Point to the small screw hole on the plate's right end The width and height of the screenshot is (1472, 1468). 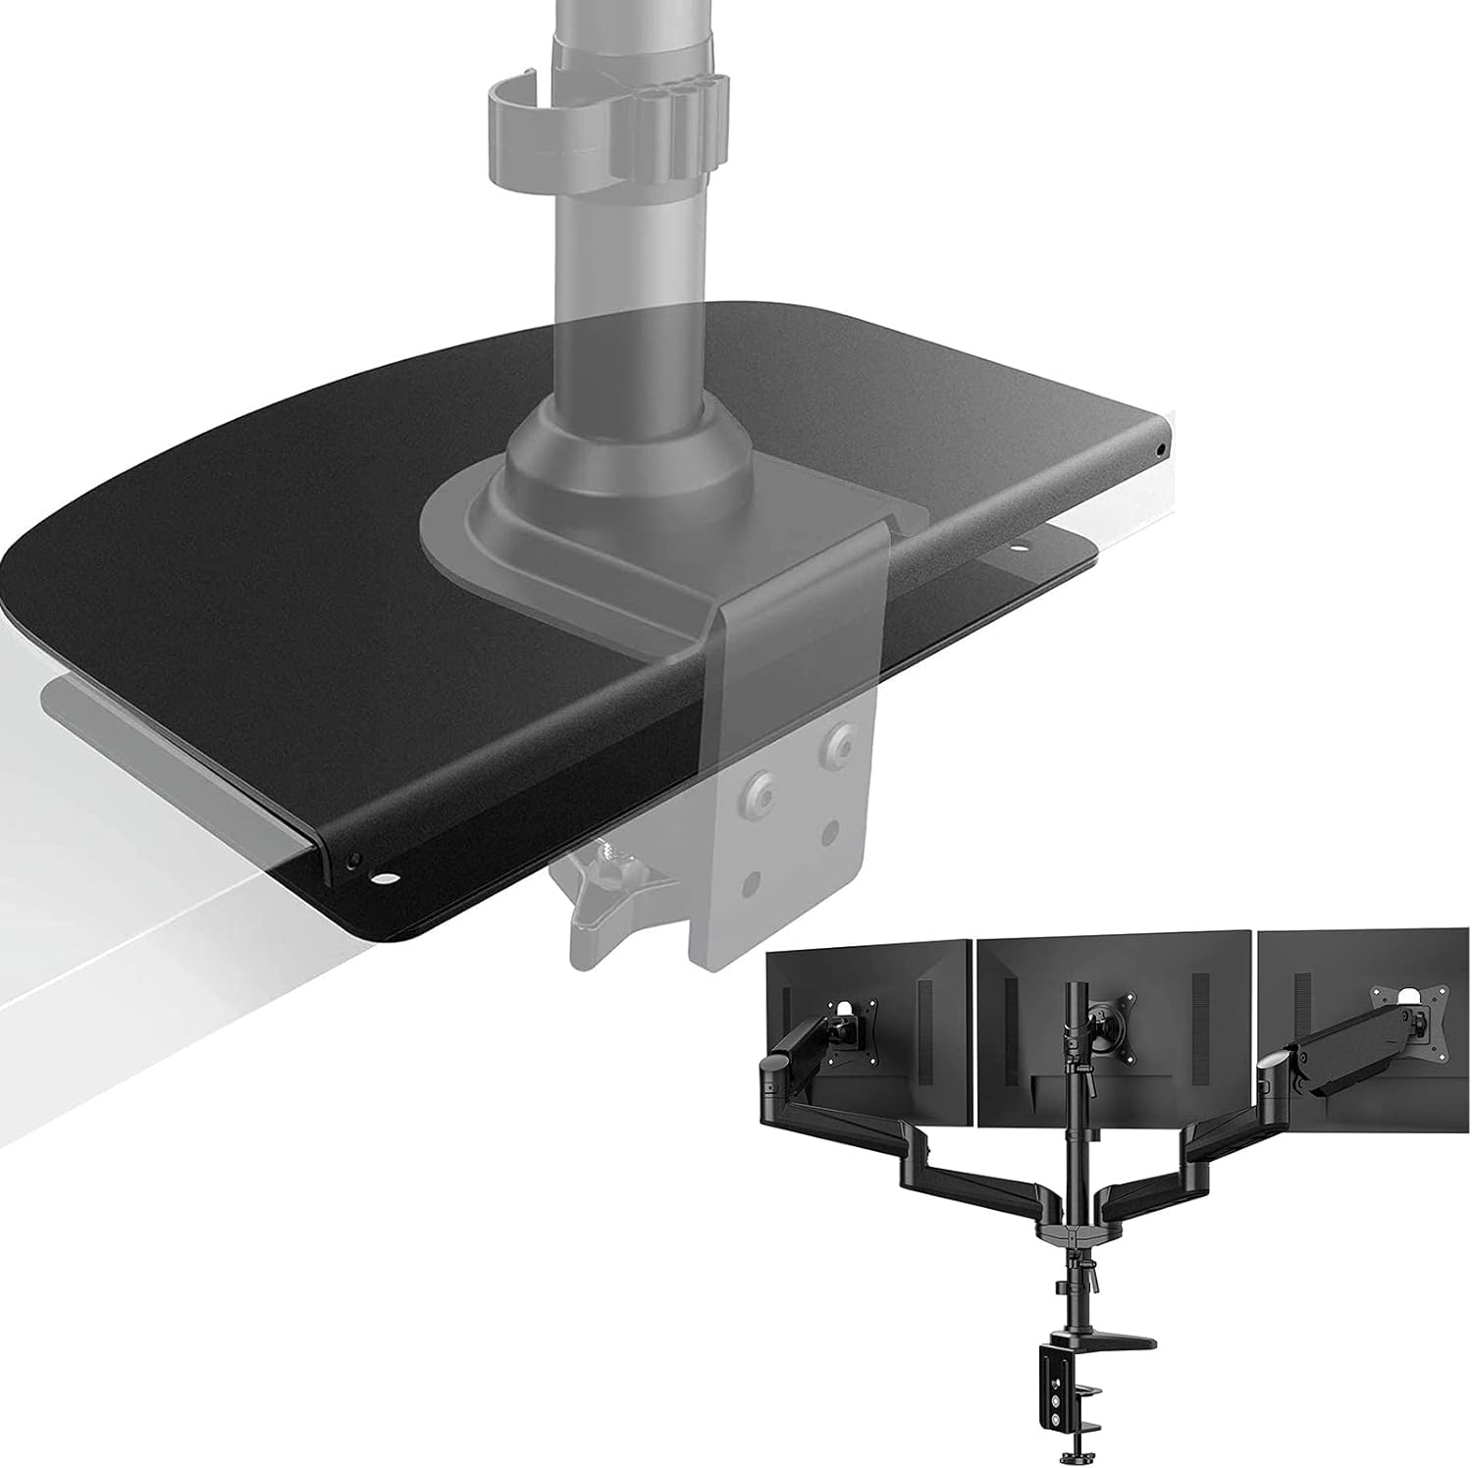1162,448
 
